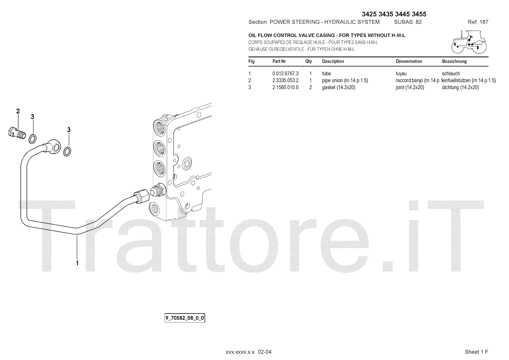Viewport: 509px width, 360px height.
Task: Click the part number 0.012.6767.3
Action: (285, 74)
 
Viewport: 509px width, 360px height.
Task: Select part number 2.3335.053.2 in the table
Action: (285, 81)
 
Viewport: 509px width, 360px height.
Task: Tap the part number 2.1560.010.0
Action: (285, 88)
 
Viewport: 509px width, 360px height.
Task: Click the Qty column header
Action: (308, 61)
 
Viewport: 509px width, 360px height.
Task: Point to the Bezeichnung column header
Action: (454, 61)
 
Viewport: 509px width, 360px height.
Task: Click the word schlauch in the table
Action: (451, 74)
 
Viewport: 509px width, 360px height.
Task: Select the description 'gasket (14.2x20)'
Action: (338, 88)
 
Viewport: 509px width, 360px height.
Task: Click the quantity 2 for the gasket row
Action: (310, 88)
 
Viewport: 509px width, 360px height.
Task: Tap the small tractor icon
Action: (469, 42)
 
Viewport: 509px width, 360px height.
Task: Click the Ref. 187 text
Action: (478, 22)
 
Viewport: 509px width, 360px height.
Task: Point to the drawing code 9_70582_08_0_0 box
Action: (185, 318)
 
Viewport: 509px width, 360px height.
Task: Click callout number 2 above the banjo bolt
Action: (18, 111)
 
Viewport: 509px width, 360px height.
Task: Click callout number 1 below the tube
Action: (77, 263)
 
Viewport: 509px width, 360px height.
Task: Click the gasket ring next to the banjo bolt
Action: (32, 138)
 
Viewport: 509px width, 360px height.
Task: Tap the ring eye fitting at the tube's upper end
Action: (54, 145)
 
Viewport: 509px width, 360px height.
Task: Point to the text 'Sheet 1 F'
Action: (476, 352)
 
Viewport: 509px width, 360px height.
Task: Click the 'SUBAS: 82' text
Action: (408, 22)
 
